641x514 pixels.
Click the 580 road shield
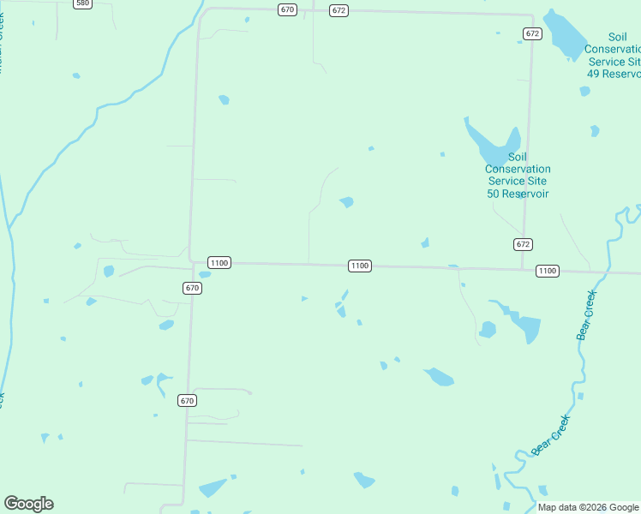[82, 3]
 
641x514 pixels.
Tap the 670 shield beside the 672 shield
[287, 9]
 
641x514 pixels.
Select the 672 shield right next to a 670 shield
[339, 10]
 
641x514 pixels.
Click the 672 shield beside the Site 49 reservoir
[533, 33]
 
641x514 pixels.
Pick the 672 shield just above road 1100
[524, 244]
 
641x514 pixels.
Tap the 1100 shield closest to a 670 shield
[219, 263]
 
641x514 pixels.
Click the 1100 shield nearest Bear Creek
[547, 271]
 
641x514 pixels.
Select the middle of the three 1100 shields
[360, 266]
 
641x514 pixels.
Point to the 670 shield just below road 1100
[192, 288]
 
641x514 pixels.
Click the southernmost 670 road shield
[188, 400]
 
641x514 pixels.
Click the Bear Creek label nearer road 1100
[586, 315]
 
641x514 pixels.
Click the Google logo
[29, 504]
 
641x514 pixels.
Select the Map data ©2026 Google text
[588, 507]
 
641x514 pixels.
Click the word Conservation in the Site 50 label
[518, 169]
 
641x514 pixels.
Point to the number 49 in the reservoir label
[593, 74]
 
